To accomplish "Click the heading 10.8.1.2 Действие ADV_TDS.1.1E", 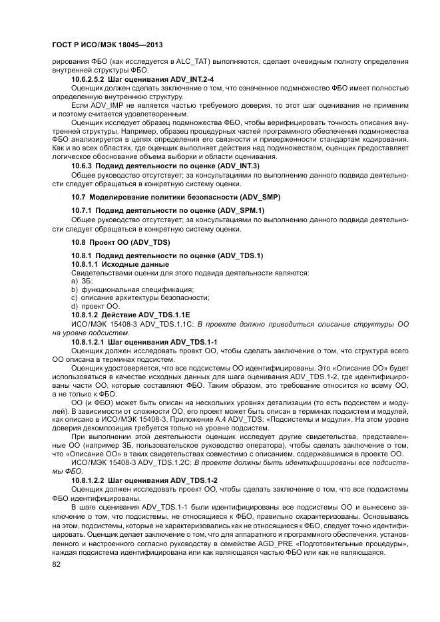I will [131, 315].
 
